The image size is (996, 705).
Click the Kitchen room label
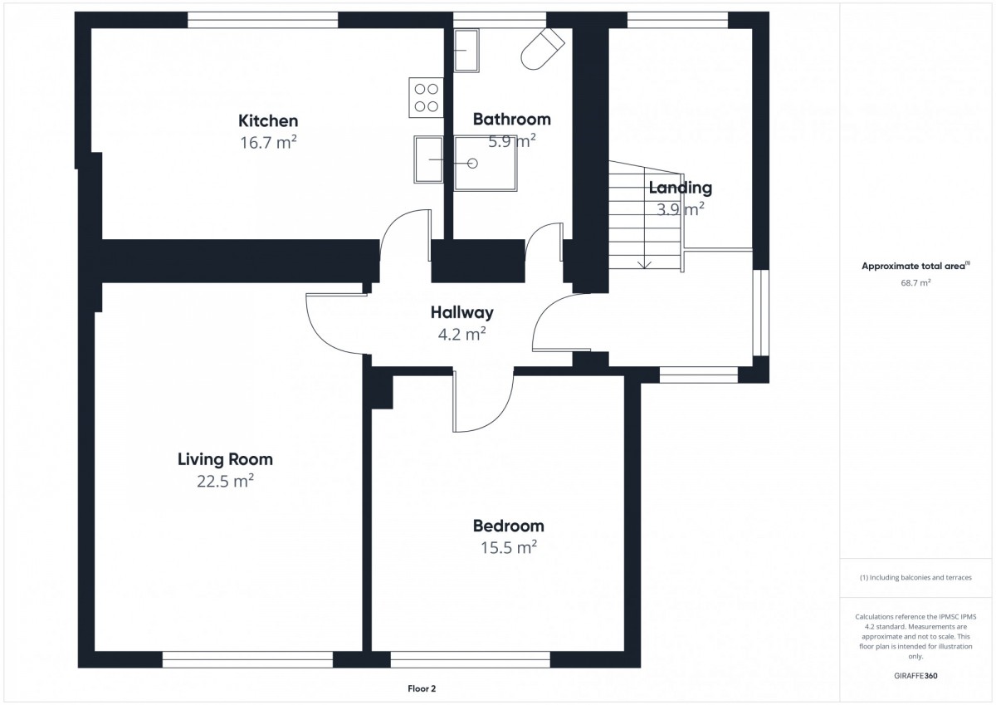coord(268,120)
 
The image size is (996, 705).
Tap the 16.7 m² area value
coord(268,142)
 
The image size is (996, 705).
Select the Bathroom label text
coord(512,120)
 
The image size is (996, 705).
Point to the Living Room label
coord(226,459)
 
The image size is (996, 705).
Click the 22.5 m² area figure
coord(226,481)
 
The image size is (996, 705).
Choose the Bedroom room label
coord(509,526)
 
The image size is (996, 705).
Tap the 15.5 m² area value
coord(509,547)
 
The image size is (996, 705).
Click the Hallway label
coord(462,313)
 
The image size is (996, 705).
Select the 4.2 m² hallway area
coord(462,334)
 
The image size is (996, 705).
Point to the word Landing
coord(681,188)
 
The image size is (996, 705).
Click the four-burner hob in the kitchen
coord(426,97)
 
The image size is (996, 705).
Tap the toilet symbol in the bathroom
coord(543,49)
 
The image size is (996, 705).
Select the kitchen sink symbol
coord(428,159)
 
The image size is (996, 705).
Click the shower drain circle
coord(472,164)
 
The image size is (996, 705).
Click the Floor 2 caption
coord(422,689)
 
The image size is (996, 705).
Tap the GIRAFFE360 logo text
coord(915,676)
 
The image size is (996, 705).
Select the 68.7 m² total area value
coord(916,283)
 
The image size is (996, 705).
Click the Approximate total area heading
coord(916,266)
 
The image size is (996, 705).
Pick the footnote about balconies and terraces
coord(915,578)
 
